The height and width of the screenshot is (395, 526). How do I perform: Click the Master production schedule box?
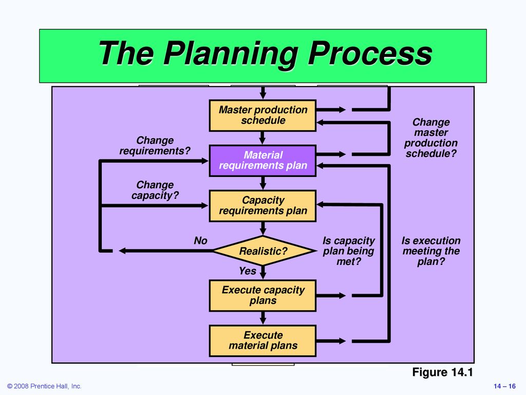pos(262,115)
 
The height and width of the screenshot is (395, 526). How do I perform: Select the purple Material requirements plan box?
pos(262,160)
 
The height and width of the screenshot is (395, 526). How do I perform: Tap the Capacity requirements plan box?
pos(262,206)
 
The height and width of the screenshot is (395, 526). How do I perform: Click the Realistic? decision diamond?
pos(264,250)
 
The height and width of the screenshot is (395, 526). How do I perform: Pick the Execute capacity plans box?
pos(262,295)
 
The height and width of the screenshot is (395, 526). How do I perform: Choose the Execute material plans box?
pos(262,340)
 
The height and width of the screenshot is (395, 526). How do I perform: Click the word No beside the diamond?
pos(201,241)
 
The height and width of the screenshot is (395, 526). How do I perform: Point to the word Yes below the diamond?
pos(248,271)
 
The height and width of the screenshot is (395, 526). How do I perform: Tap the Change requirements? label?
pos(155,146)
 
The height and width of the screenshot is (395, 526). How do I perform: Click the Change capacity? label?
pos(155,190)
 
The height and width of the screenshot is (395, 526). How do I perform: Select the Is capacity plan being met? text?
pos(349,250)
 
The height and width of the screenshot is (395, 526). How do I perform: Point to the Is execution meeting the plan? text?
pos(431,250)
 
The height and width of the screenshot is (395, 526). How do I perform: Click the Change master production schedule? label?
pos(431,138)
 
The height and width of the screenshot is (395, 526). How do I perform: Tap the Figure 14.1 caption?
pos(442,372)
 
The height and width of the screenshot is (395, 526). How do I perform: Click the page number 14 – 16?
pos(504,386)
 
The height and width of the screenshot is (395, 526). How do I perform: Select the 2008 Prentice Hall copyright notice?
pos(44,386)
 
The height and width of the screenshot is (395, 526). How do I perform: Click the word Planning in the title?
pos(231,53)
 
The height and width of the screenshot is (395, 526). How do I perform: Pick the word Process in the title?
pos(370,53)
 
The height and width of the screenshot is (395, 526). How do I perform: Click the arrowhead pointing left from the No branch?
pos(122,250)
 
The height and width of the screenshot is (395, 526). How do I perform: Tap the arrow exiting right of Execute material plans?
pos(331,341)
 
